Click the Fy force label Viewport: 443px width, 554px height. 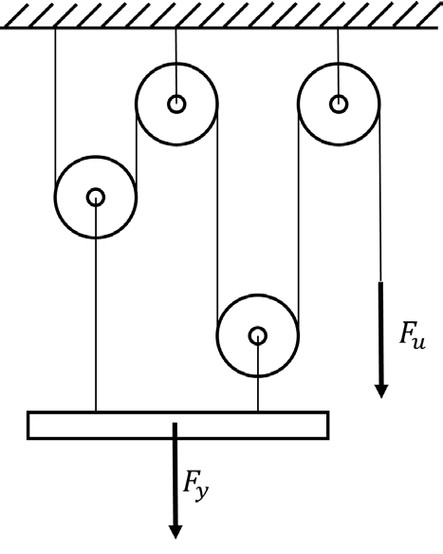pos(195,486)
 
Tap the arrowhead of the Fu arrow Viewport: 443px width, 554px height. pos(381,392)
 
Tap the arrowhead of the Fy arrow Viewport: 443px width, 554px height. pos(175,532)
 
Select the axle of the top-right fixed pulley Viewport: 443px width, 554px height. pos(339,104)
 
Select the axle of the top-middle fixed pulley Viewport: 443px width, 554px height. pos(176,104)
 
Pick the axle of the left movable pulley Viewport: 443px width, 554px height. pos(95,197)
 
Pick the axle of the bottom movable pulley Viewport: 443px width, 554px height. pos(257,335)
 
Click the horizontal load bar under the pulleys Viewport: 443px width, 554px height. pos(178,425)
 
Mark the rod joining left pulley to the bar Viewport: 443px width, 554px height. pos(96,305)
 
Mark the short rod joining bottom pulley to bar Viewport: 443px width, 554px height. pos(258,373)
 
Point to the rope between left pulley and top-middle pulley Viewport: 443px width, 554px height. pos(137,150)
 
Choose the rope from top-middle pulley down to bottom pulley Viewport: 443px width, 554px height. pos(217,220)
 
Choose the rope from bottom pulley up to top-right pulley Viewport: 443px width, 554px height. pos(299,220)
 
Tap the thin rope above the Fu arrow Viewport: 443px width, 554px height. pos(379,193)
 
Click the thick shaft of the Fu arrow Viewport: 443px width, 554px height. pos(381,334)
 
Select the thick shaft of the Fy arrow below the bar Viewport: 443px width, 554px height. pos(175,474)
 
